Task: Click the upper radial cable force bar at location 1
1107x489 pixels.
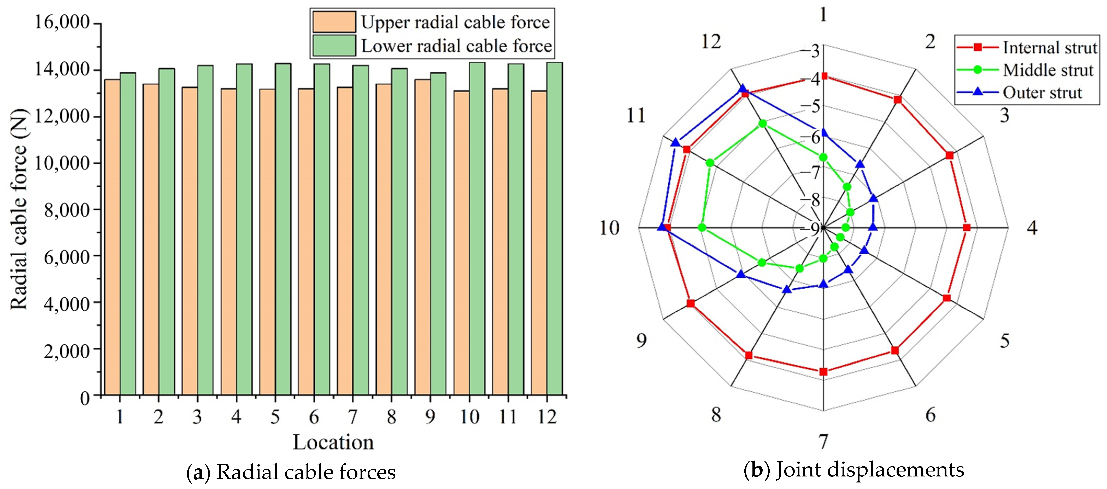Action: tap(112, 237)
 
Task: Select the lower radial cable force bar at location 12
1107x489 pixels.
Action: tap(554, 228)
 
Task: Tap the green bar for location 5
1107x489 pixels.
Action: tap(283, 229)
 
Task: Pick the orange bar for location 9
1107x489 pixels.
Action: tap(422, 237)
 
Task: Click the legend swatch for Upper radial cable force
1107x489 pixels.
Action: tap(333, 22)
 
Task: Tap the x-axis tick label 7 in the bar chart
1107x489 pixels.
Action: tap(352, 416)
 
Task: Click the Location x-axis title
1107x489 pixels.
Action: tap(333, 442)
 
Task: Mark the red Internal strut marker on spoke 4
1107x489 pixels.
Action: tap(967, 228)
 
